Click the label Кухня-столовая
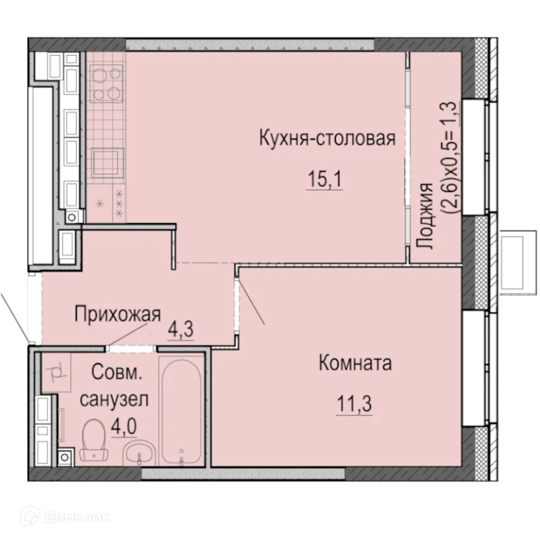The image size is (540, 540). (327, 138)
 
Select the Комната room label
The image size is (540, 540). (355, 363)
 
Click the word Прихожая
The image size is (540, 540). (118, 314)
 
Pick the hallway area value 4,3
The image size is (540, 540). (181, 328)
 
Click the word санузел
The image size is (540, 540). (113, 400)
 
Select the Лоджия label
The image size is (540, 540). (427, 216)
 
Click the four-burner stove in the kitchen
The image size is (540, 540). (105, 84)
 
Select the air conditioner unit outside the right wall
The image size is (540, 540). (515, 262)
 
